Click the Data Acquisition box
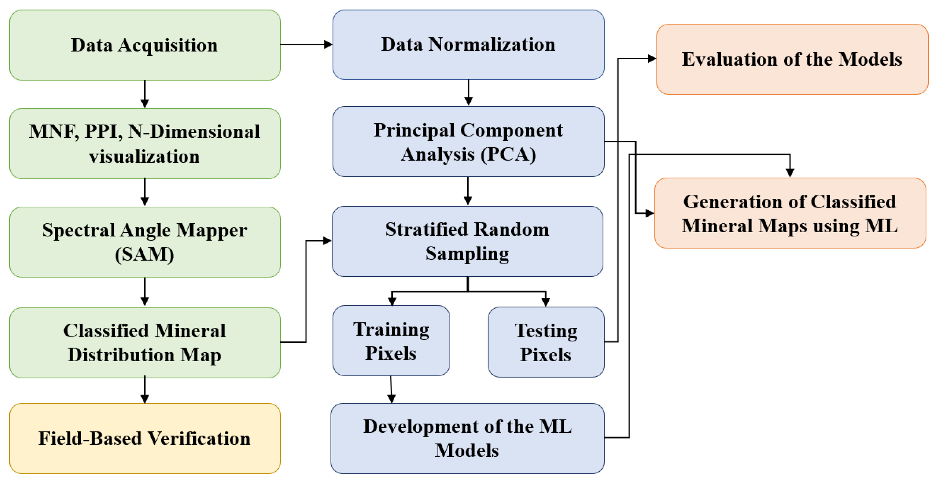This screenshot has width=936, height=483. pos(145,45)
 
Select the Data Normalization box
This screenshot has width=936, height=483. pos(468,44)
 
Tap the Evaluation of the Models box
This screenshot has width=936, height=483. pos(792,59)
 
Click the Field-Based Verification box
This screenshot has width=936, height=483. pos(145,438)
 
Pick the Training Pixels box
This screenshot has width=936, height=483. pos(391,341)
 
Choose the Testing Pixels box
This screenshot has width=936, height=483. pos(546,342)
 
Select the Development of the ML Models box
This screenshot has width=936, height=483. pos(467,438)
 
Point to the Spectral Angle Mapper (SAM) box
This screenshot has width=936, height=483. pos(145,242)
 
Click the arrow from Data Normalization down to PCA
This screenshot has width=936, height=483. pos(469,93)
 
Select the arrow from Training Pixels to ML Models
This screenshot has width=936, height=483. pos(391,390)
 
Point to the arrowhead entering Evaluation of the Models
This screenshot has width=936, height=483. pos(652,59)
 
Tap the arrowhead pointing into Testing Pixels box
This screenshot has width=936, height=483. pos(546,302)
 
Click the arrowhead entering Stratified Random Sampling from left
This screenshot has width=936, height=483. pos(327,241)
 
